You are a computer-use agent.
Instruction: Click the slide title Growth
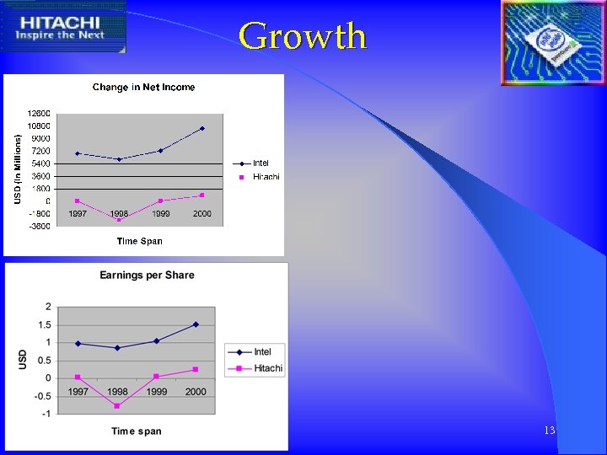[303, 36]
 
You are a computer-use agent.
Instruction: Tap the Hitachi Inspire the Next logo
[64, 28]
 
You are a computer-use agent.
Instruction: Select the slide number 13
[549, 431]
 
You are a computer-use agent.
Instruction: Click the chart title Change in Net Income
[143, 87]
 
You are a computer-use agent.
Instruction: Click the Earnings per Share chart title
[147, 275]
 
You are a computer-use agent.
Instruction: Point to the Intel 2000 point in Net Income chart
[202, 129]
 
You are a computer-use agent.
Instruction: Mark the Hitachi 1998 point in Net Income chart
[119, 219]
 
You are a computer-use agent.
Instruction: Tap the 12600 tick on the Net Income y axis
[39, 113]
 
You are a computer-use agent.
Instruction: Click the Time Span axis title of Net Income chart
[139, 241]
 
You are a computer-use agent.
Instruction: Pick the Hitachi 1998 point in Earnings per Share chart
[117, 406]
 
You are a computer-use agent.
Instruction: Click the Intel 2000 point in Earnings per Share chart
[196, 324]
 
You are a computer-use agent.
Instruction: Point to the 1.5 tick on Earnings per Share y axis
[43, 324]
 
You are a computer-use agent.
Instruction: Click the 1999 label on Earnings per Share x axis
[156, 392]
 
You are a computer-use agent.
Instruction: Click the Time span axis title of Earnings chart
[137, 431]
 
